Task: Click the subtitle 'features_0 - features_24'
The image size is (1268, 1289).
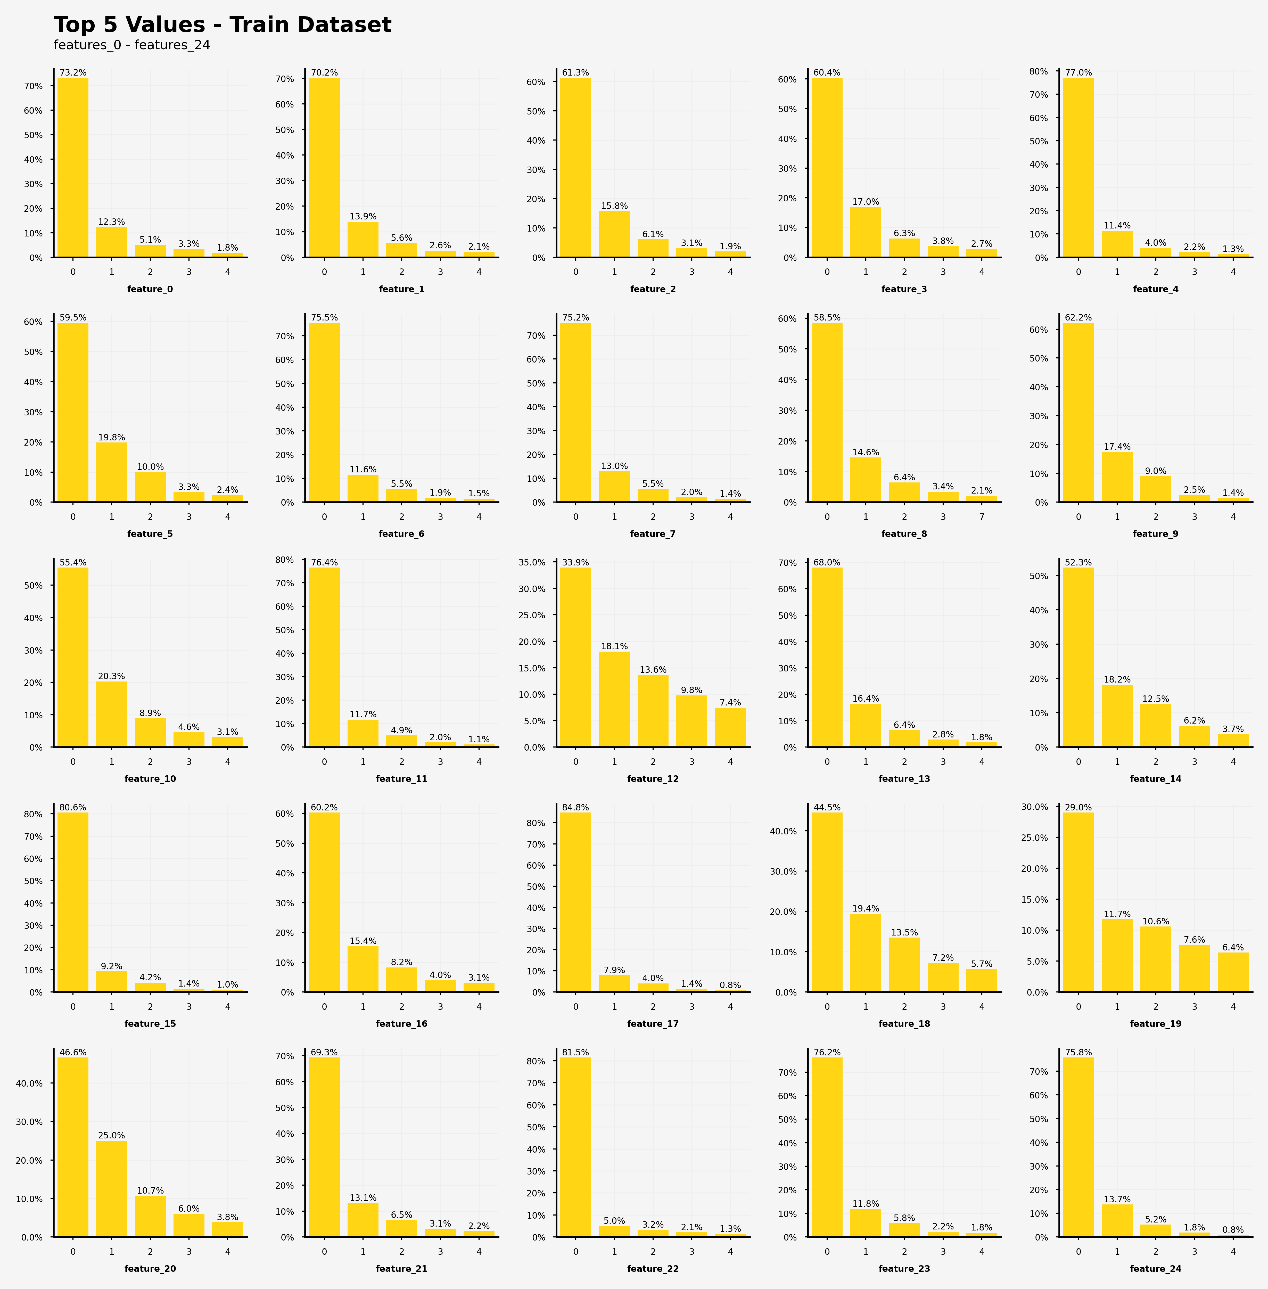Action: tap(132, 45)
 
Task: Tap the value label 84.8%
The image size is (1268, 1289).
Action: tap(575, 807)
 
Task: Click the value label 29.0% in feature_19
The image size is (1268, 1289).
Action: tap(1078, 807)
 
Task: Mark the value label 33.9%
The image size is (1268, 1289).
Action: tap(575, 562)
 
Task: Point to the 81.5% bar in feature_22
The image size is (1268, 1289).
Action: tap(575, 1147)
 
